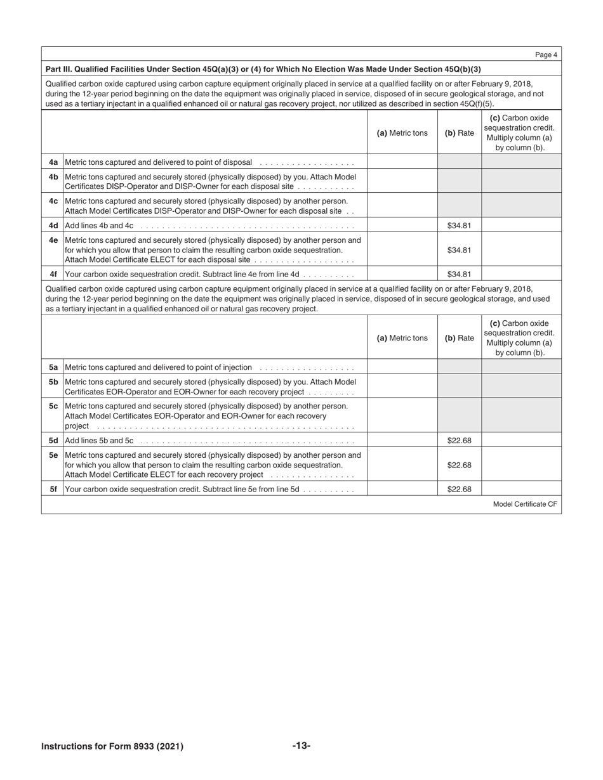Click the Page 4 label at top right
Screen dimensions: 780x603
point(546,55)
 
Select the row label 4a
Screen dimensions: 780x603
point(53,162)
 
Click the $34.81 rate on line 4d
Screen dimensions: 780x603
point(458,225)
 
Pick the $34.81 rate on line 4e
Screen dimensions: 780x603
point(458,250)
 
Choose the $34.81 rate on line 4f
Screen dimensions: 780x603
point(458,275)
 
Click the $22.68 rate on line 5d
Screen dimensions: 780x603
point(458,440)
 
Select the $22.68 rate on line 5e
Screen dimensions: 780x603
point(458,465)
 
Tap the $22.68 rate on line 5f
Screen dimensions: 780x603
point(458,490)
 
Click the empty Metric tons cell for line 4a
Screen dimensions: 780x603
point(402,162)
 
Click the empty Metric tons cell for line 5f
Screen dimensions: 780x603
point(402,490)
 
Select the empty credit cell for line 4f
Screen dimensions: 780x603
point(521,275)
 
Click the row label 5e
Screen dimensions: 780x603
point(53,455)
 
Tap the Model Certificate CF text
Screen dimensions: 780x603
point(524,504)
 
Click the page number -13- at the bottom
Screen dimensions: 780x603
point(301,746)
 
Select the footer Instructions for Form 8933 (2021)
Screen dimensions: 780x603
point(112,746)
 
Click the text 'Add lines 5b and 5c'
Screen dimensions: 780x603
point(99,440)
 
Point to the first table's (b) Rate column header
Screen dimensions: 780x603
point(458,133)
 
